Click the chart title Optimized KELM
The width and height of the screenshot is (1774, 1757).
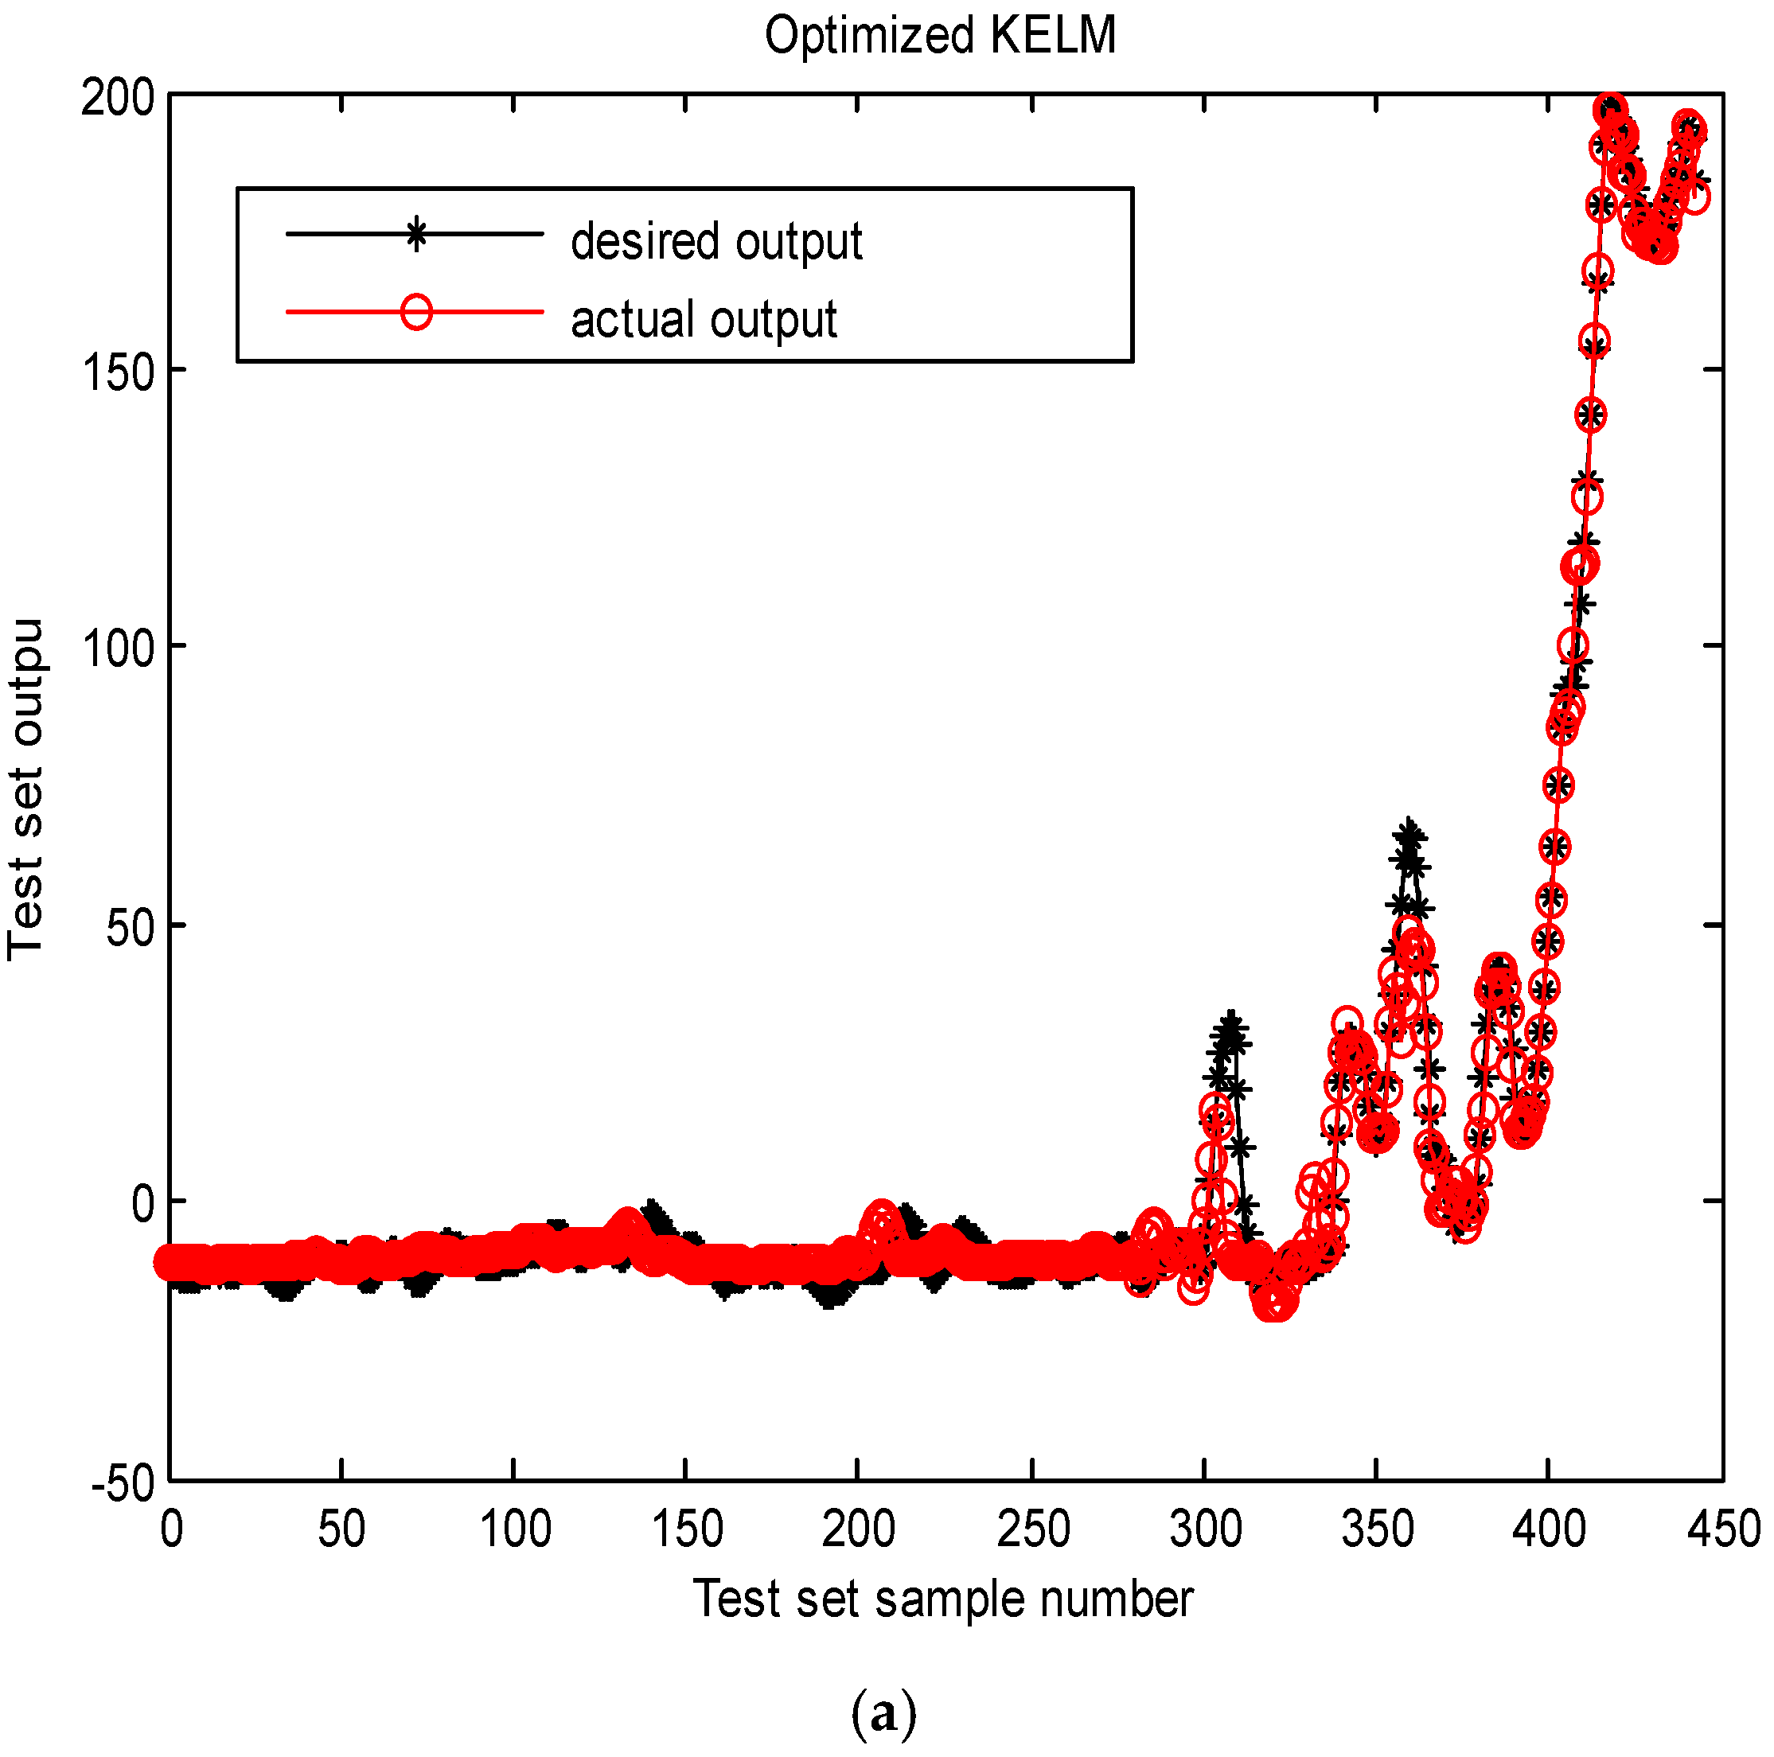point(939,37)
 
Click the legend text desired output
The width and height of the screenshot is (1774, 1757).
point(716,241)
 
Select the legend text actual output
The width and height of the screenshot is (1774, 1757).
point(704,319)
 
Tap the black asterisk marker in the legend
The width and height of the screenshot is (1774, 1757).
point(416,234)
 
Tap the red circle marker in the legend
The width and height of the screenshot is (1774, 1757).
point(416,312)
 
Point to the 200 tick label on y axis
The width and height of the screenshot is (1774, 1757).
point(117,97)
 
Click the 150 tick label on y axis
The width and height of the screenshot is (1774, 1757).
point(117,372)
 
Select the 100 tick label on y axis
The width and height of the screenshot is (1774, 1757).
point(117,648)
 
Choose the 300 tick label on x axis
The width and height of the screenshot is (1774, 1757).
point(1205,1531)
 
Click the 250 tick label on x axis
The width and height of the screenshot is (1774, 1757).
point(1033,1531)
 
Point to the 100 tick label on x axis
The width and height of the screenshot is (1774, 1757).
point(514,1531)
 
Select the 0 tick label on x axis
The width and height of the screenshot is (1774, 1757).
point(171,1531)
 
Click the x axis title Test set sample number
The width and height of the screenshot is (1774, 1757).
point(942,1600)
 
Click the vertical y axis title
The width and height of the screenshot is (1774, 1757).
point(25,789)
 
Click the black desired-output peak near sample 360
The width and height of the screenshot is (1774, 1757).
point(1409,832)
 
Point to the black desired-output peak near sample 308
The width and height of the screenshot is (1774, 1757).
point(1230,1026)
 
